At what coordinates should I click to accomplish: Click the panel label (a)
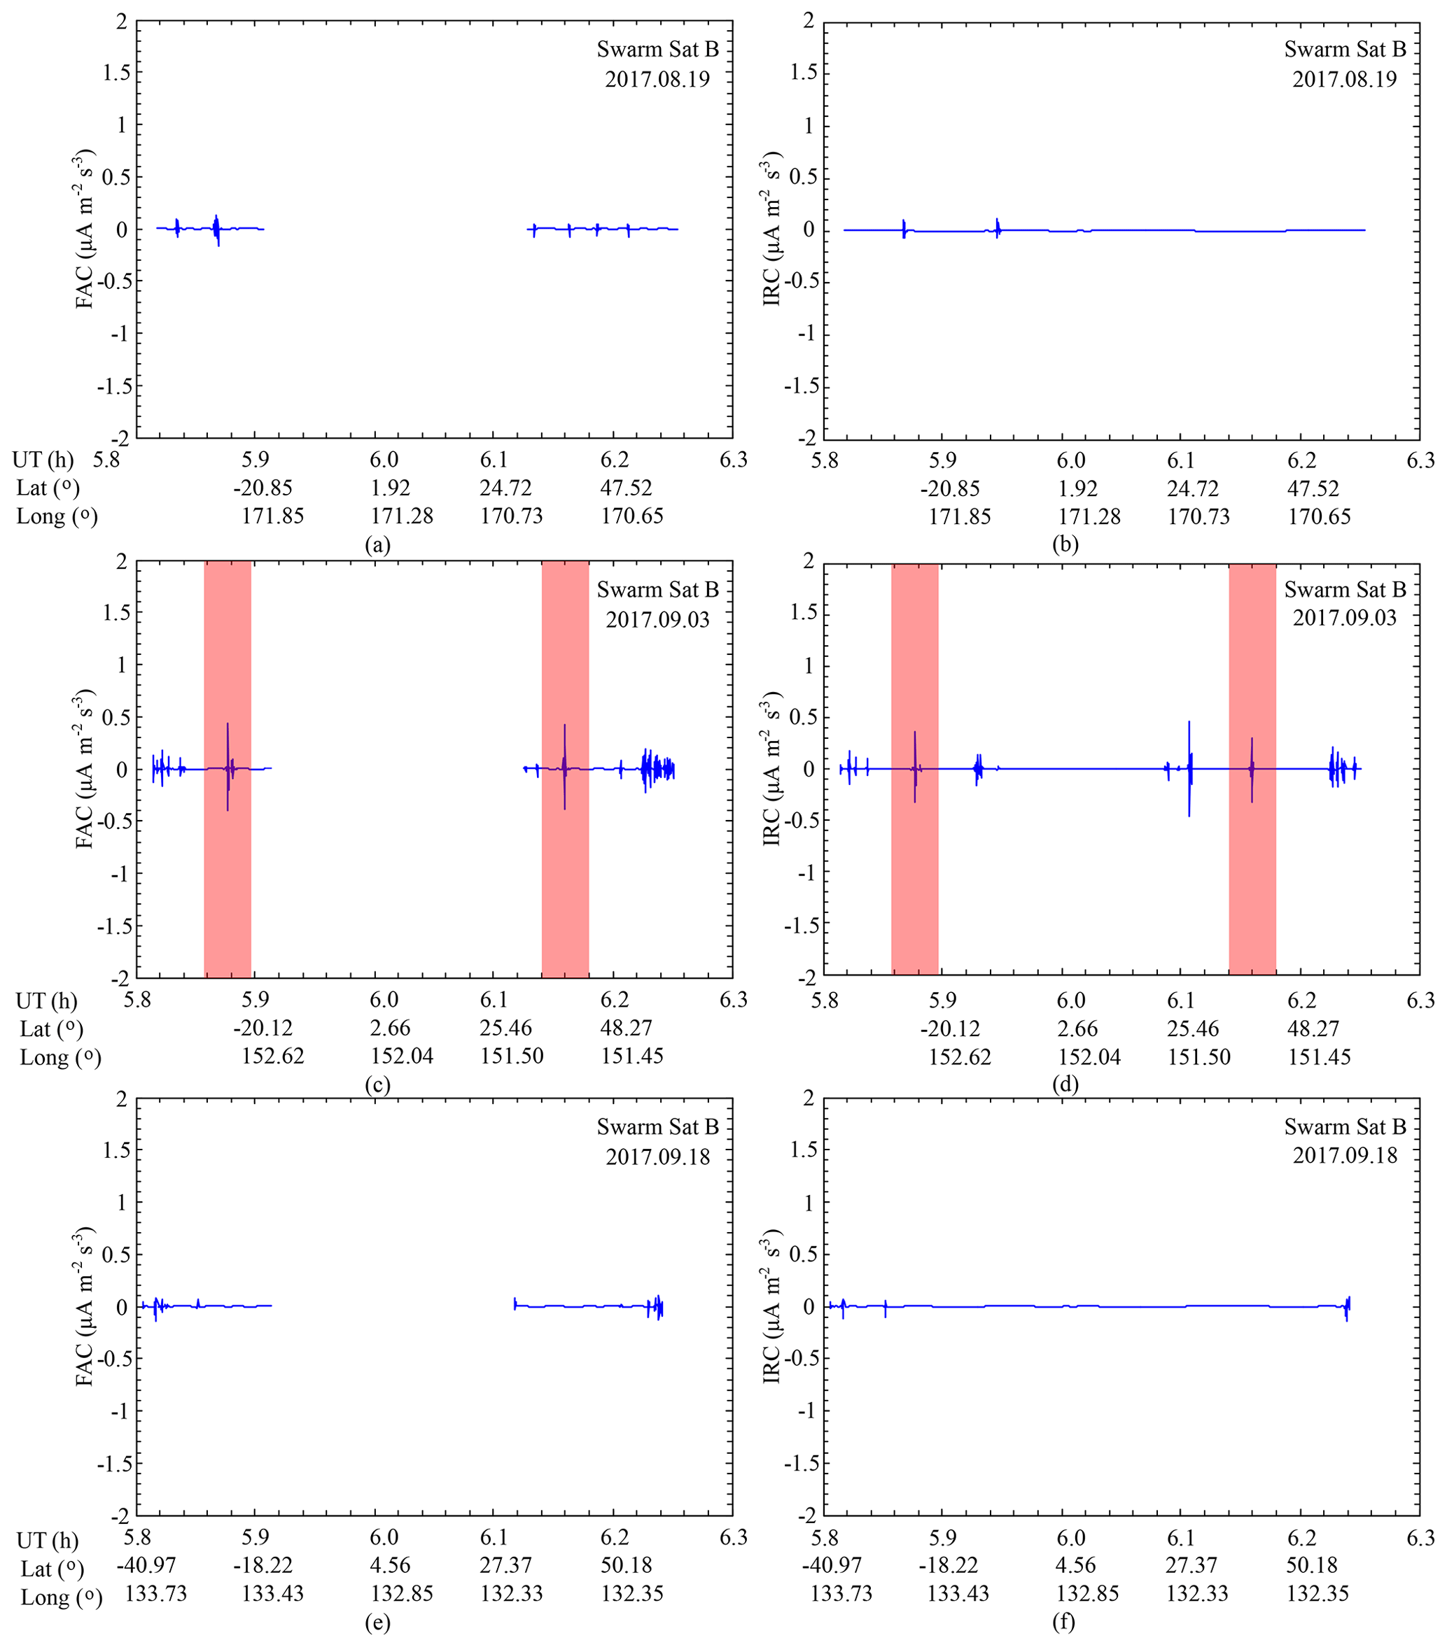(377, 545)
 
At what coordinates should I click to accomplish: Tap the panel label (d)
(1064, 1084)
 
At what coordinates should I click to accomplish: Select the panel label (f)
(1064, 1622)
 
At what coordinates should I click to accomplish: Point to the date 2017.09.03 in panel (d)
(1345, 618)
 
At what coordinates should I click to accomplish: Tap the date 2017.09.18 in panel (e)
(658, 1157)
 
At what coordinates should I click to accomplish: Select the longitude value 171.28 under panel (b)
(1089, 516)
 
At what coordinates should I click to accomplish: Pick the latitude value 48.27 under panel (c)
(626, 1029)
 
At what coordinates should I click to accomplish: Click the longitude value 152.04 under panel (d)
(1089, 1056)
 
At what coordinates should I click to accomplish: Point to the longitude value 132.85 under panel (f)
(1087, 1594)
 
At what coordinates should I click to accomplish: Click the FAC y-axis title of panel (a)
(85, 229)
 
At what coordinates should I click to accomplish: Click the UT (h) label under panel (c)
(47, 1001)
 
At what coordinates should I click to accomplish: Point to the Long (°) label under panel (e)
(62, 1594)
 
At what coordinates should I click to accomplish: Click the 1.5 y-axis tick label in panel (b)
(803, 73)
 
